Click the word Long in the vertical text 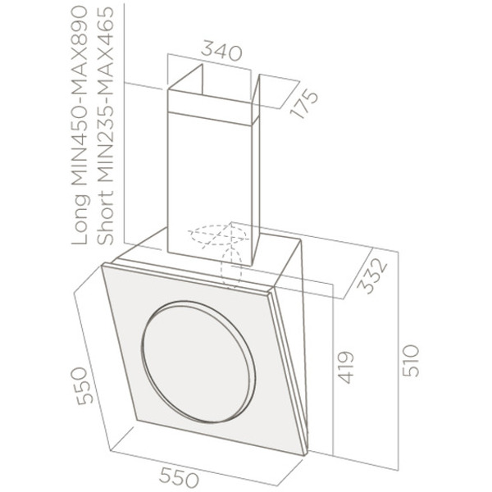point(80,221)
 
